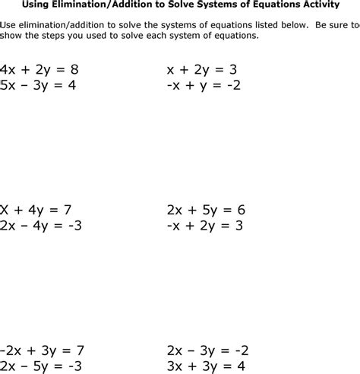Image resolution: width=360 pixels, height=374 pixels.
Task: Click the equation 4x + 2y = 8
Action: point(39,70)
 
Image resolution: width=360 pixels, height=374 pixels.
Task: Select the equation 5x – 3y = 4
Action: point(39,85)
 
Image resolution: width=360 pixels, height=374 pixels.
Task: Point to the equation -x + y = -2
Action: point(204,85)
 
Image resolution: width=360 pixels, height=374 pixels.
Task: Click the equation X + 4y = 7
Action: point(36,210)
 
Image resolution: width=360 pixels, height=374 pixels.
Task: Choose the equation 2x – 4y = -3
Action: point(41,225)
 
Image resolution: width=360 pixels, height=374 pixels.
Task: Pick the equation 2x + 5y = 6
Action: point(206,210)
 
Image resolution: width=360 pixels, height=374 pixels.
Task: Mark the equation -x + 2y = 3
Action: point(205,225)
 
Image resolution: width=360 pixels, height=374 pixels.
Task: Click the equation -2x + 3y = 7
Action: point(42,350)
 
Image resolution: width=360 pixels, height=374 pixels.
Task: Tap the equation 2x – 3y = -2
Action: point(207,350)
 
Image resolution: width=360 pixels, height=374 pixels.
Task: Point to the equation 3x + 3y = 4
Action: point(206,366)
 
